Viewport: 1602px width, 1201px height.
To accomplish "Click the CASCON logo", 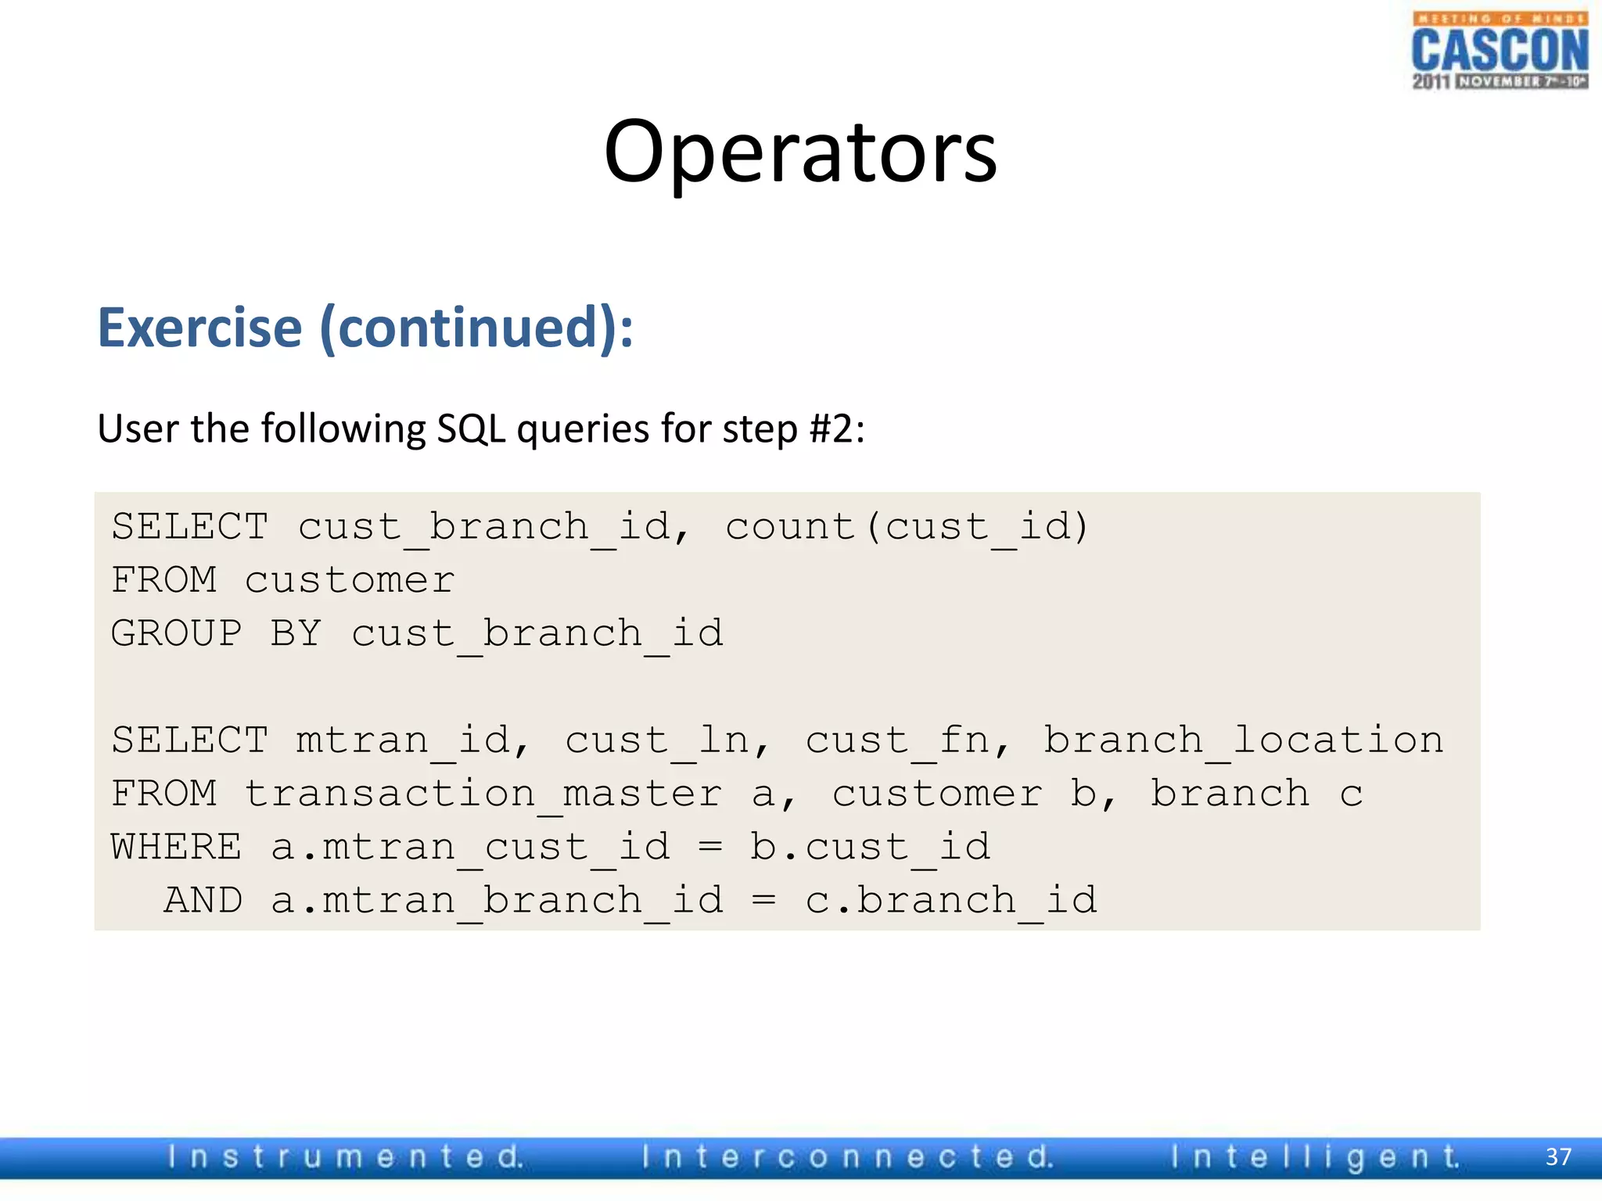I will pos(1500,51).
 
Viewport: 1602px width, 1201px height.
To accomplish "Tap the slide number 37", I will pos(1558,1156).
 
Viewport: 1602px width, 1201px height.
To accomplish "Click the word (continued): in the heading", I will pos(476,328).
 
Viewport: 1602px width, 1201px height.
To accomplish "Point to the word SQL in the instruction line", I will pos(471,428).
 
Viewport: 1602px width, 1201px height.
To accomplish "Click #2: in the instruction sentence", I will pos(837,428).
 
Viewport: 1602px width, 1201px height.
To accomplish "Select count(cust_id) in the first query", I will pos(907,526).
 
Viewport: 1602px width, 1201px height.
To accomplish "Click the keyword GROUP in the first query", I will pos(177,633).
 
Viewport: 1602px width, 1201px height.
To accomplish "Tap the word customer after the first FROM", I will pos(349,579).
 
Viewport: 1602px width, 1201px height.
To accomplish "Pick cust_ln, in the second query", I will pos(668,740).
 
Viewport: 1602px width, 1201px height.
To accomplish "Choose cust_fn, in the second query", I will pos(908,740).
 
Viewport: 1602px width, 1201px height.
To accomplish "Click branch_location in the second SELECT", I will pos(1244,740).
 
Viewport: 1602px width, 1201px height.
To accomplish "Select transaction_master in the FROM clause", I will pos(483,794).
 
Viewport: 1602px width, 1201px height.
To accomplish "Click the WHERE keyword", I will pos(177,847).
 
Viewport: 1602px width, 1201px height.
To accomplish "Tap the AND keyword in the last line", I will pos(203,900).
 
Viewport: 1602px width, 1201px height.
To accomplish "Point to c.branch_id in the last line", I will pos(951,900).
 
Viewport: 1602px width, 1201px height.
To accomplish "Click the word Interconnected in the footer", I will pos(848,1156).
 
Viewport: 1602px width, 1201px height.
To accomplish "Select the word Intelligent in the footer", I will pos(1315,1156).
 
